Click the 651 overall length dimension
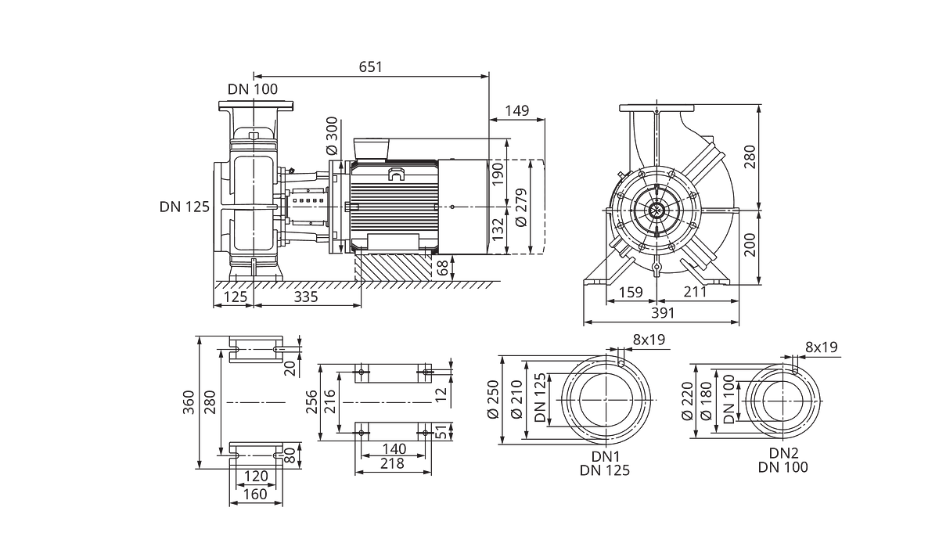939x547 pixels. tap(371, 67)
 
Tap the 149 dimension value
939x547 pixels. tap(517, 111)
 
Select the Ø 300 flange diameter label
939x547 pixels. tap(332, 135)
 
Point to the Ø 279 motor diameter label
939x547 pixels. tap(521, 208)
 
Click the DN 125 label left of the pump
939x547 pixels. tap(185, 207)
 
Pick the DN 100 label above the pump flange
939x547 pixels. tap(253, 89)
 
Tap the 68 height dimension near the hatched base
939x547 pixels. tap(443, 268)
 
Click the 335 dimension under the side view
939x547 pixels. tap(306, 297)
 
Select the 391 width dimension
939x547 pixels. tap(663, 313)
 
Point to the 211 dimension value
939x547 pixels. tap(695, 292)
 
